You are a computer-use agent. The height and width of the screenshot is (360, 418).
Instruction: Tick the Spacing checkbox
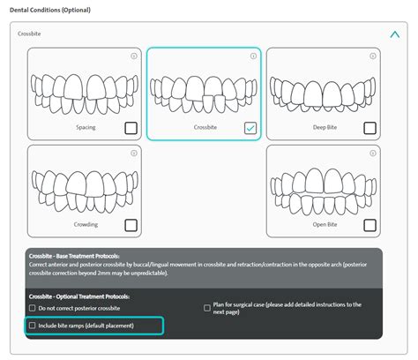(x=131, y=128)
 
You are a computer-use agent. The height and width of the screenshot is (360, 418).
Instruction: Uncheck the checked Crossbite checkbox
(x=250, y=128)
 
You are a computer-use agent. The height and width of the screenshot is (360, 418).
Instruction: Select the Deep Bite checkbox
(x=370, y=128)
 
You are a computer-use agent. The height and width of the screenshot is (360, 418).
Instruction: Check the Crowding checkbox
(x=131, y=225)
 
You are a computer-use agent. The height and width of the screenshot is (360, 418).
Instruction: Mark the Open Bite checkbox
(x=370, y=225)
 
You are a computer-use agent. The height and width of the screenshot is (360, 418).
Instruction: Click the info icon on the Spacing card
(x=133, y=56)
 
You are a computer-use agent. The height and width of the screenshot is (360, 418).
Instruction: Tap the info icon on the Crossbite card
(x=253, y=56)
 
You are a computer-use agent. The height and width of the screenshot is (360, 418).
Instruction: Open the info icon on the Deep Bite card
(x=373, y=56)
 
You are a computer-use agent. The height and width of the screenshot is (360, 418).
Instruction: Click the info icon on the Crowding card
(x=133, y=153)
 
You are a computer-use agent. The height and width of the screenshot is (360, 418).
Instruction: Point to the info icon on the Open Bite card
(x=373, y=153)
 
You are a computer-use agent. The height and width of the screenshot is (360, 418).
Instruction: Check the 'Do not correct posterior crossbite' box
(x=34, y=309)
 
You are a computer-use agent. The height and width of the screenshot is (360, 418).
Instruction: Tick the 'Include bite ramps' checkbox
(x=34, y=326)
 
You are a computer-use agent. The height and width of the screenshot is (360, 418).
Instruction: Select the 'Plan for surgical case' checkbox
(x=207, y=309)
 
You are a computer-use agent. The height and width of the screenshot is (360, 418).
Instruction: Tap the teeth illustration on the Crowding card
(x=83, y=185)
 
